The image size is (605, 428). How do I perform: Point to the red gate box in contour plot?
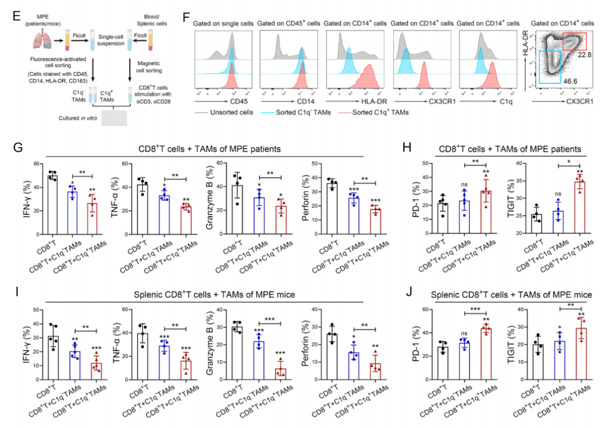coord(574,42)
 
